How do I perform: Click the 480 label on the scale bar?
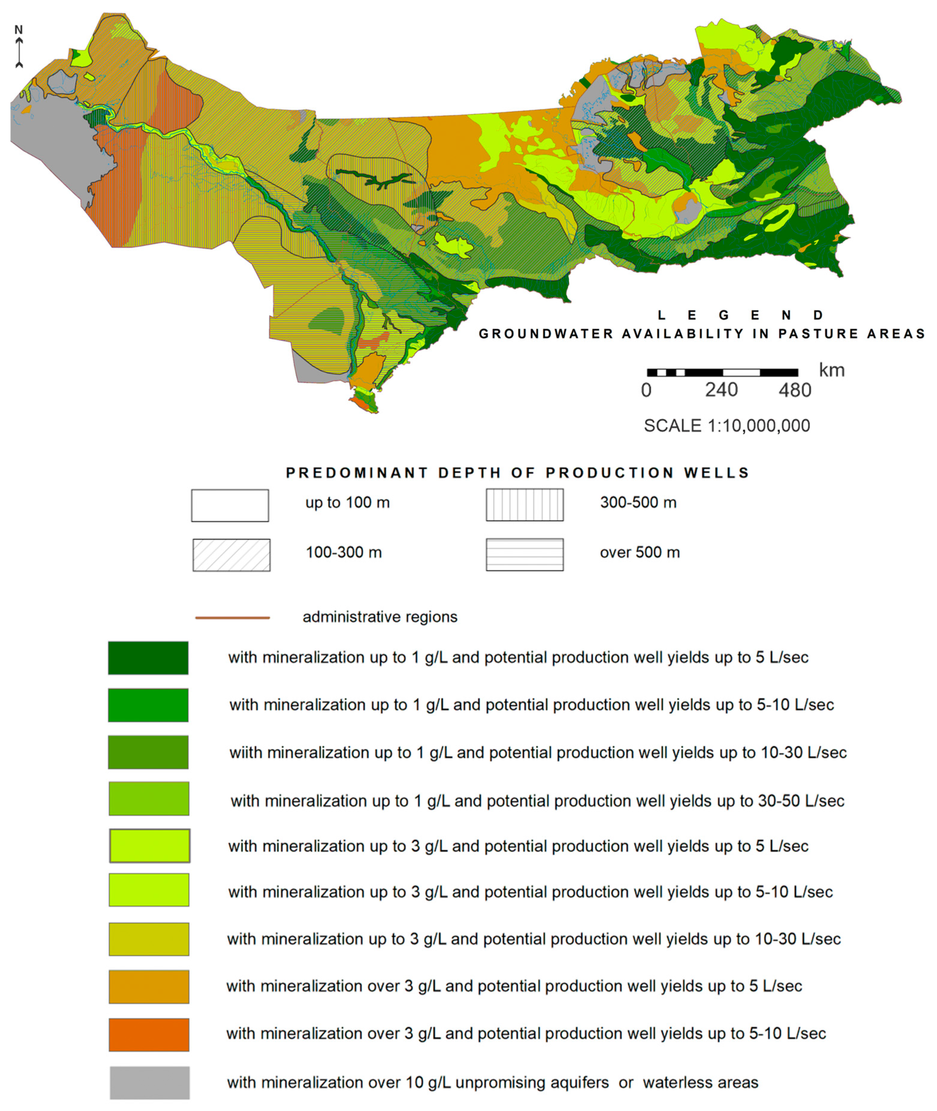click(x=795, y=390)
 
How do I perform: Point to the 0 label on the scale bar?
click(x=646, y=390)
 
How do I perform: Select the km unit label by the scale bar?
click(x=831, y=370)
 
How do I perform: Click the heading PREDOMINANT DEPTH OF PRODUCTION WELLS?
click(x=517, y=473)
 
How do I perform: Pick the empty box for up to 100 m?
click(x=230, y=505)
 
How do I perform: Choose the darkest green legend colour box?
click(x=148, y=658)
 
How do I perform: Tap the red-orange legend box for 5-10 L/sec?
click(x=149, y=1035)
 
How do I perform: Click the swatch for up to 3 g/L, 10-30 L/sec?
click(x=149, y=939)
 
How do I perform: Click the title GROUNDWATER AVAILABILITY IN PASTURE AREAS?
click(x=701, y=334)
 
